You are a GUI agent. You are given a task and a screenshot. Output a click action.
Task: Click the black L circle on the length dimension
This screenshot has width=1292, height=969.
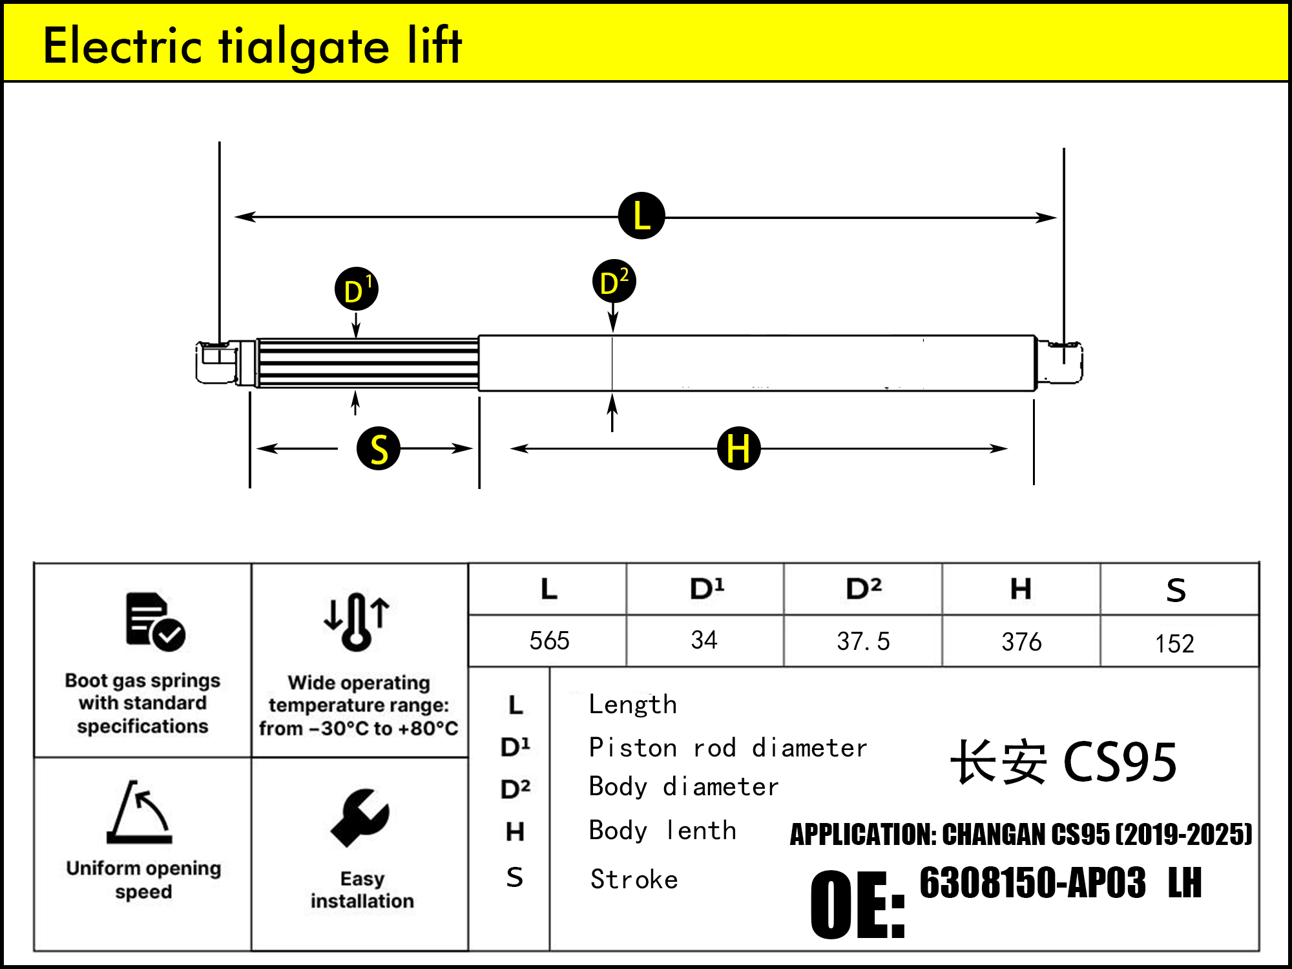[x=641, y=216]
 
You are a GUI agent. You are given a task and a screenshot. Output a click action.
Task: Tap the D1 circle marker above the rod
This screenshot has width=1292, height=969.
[x=356, y=289]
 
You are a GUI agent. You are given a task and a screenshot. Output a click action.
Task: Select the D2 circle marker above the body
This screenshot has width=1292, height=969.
[x=614, y=282]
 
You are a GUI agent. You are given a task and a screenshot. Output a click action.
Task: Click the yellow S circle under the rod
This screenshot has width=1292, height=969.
[x=379, y=448]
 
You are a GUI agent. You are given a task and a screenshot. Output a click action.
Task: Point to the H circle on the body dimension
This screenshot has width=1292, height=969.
[x=738, y=448]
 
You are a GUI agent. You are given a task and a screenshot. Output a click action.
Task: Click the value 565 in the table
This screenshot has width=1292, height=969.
[x=549, y=641]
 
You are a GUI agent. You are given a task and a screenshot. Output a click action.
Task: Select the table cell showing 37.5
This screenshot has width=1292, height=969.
[x=863, y=641]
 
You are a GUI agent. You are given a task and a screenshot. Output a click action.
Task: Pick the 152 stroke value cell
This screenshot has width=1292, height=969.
[x=1174, y=643]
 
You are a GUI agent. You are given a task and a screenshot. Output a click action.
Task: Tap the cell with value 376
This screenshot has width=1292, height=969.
[x=1021, y=641]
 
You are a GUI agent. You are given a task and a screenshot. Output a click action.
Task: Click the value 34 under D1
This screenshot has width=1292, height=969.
[x=704, y=640]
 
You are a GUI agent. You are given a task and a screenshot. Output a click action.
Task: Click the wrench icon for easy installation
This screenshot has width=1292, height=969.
[x=360, y=818]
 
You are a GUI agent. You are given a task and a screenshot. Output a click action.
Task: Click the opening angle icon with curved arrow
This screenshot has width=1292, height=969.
[x=140, y=813]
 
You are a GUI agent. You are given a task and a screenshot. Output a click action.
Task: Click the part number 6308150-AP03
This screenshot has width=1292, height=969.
[x=1032, y=882]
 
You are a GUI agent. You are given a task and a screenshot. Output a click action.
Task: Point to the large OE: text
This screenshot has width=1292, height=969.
[x=857, y=904]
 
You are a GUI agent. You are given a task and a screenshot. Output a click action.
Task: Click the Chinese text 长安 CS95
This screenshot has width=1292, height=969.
[x=1063, y=762]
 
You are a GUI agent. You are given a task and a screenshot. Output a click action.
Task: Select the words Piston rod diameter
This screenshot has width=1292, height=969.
[x=728, y=748]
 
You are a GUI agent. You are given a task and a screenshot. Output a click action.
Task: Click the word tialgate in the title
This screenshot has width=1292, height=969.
[x=304, y=47]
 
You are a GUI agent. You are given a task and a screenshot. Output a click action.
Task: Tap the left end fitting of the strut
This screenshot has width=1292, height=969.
[x=217, y=363]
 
